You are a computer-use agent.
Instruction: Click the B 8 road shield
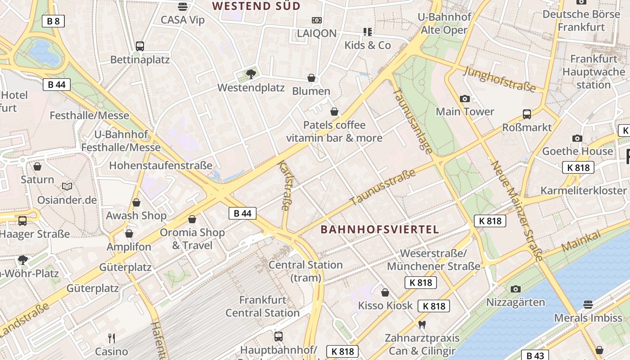(53, 21)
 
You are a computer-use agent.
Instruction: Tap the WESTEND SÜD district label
(256, 6)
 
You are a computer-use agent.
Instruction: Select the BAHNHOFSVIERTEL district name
(379, 229)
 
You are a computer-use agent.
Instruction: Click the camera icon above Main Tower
(465, 99)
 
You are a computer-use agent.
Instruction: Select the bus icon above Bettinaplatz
(140, 46)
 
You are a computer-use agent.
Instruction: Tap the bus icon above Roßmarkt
(527, 114)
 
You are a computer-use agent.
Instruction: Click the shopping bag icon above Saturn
(37, 166)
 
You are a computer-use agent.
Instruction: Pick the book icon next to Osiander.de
(67, 186)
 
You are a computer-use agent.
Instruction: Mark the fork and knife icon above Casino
(112, 338)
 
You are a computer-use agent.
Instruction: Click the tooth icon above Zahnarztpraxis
(422, 324)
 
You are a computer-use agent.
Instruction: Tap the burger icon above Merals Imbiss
(588, 305)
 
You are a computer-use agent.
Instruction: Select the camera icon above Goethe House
(577, 138)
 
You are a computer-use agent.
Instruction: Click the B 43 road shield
(535, 355)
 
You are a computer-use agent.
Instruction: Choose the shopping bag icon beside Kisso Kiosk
(385, 292)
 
